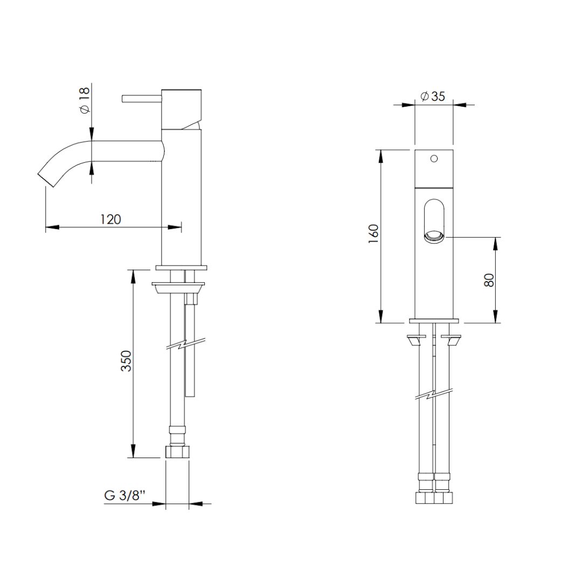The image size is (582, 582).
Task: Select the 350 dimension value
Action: (x=127, y=361)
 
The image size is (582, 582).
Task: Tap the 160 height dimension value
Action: (x=373, y=234)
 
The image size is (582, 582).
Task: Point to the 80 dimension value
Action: (x=489, y=280)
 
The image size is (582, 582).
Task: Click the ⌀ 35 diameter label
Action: (x=432, y=96)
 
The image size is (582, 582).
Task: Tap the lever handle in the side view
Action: (x=142, y=98)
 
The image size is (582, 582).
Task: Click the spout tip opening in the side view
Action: (x=46, y=179)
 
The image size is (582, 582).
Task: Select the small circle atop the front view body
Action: (x=433, y=158)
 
